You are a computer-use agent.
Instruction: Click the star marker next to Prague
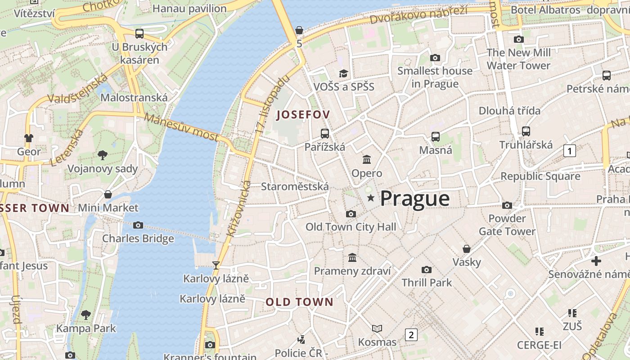[371, 198]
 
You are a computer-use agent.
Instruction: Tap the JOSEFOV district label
[303, 115]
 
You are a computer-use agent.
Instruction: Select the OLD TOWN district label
[299, 302]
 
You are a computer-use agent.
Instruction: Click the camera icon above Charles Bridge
[138, 225]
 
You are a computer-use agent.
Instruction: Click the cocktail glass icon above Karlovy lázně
[216, 265]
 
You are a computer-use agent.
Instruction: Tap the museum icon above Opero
[367, 159]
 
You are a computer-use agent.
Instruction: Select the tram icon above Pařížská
[325, 133]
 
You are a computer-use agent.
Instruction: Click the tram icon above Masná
[436, 136]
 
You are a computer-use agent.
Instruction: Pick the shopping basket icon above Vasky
[467, 249]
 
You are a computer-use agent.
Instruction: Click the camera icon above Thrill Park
[426, 270]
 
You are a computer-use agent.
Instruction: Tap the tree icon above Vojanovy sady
[103, 155]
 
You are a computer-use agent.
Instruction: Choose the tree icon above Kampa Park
[86, 315]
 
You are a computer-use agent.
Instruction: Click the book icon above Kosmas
[377, 328]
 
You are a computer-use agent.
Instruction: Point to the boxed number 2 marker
[411, 334]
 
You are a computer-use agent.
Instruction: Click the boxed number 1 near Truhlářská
[570, 151]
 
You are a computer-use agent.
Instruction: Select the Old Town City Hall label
[351, 227]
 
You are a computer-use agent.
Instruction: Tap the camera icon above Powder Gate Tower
[507, 206]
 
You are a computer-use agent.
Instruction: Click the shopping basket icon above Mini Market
[108, 194]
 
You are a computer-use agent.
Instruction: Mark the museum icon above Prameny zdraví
[352, 257]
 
